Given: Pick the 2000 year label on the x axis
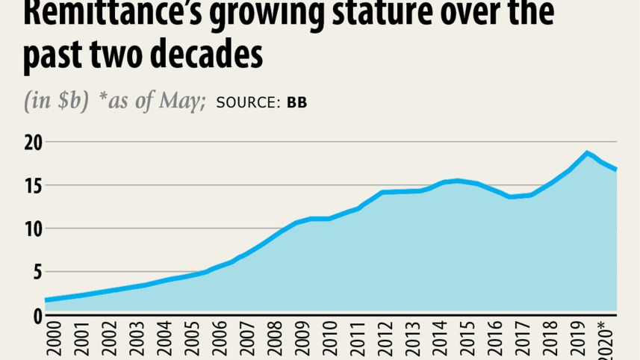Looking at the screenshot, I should pos(52,340).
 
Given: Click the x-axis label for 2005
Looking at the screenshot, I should pos(192,340).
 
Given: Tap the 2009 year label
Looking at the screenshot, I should pos(303,340).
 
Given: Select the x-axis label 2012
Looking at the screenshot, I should pos(387,340).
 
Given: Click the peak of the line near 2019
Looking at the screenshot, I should pos(587,152).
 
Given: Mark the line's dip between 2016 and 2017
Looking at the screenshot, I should pos(510,196).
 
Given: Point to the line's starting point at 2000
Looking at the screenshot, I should pos(46,300).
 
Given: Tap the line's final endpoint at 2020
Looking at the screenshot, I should pos(616,170).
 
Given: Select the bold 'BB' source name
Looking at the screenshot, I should pos(296,102).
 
